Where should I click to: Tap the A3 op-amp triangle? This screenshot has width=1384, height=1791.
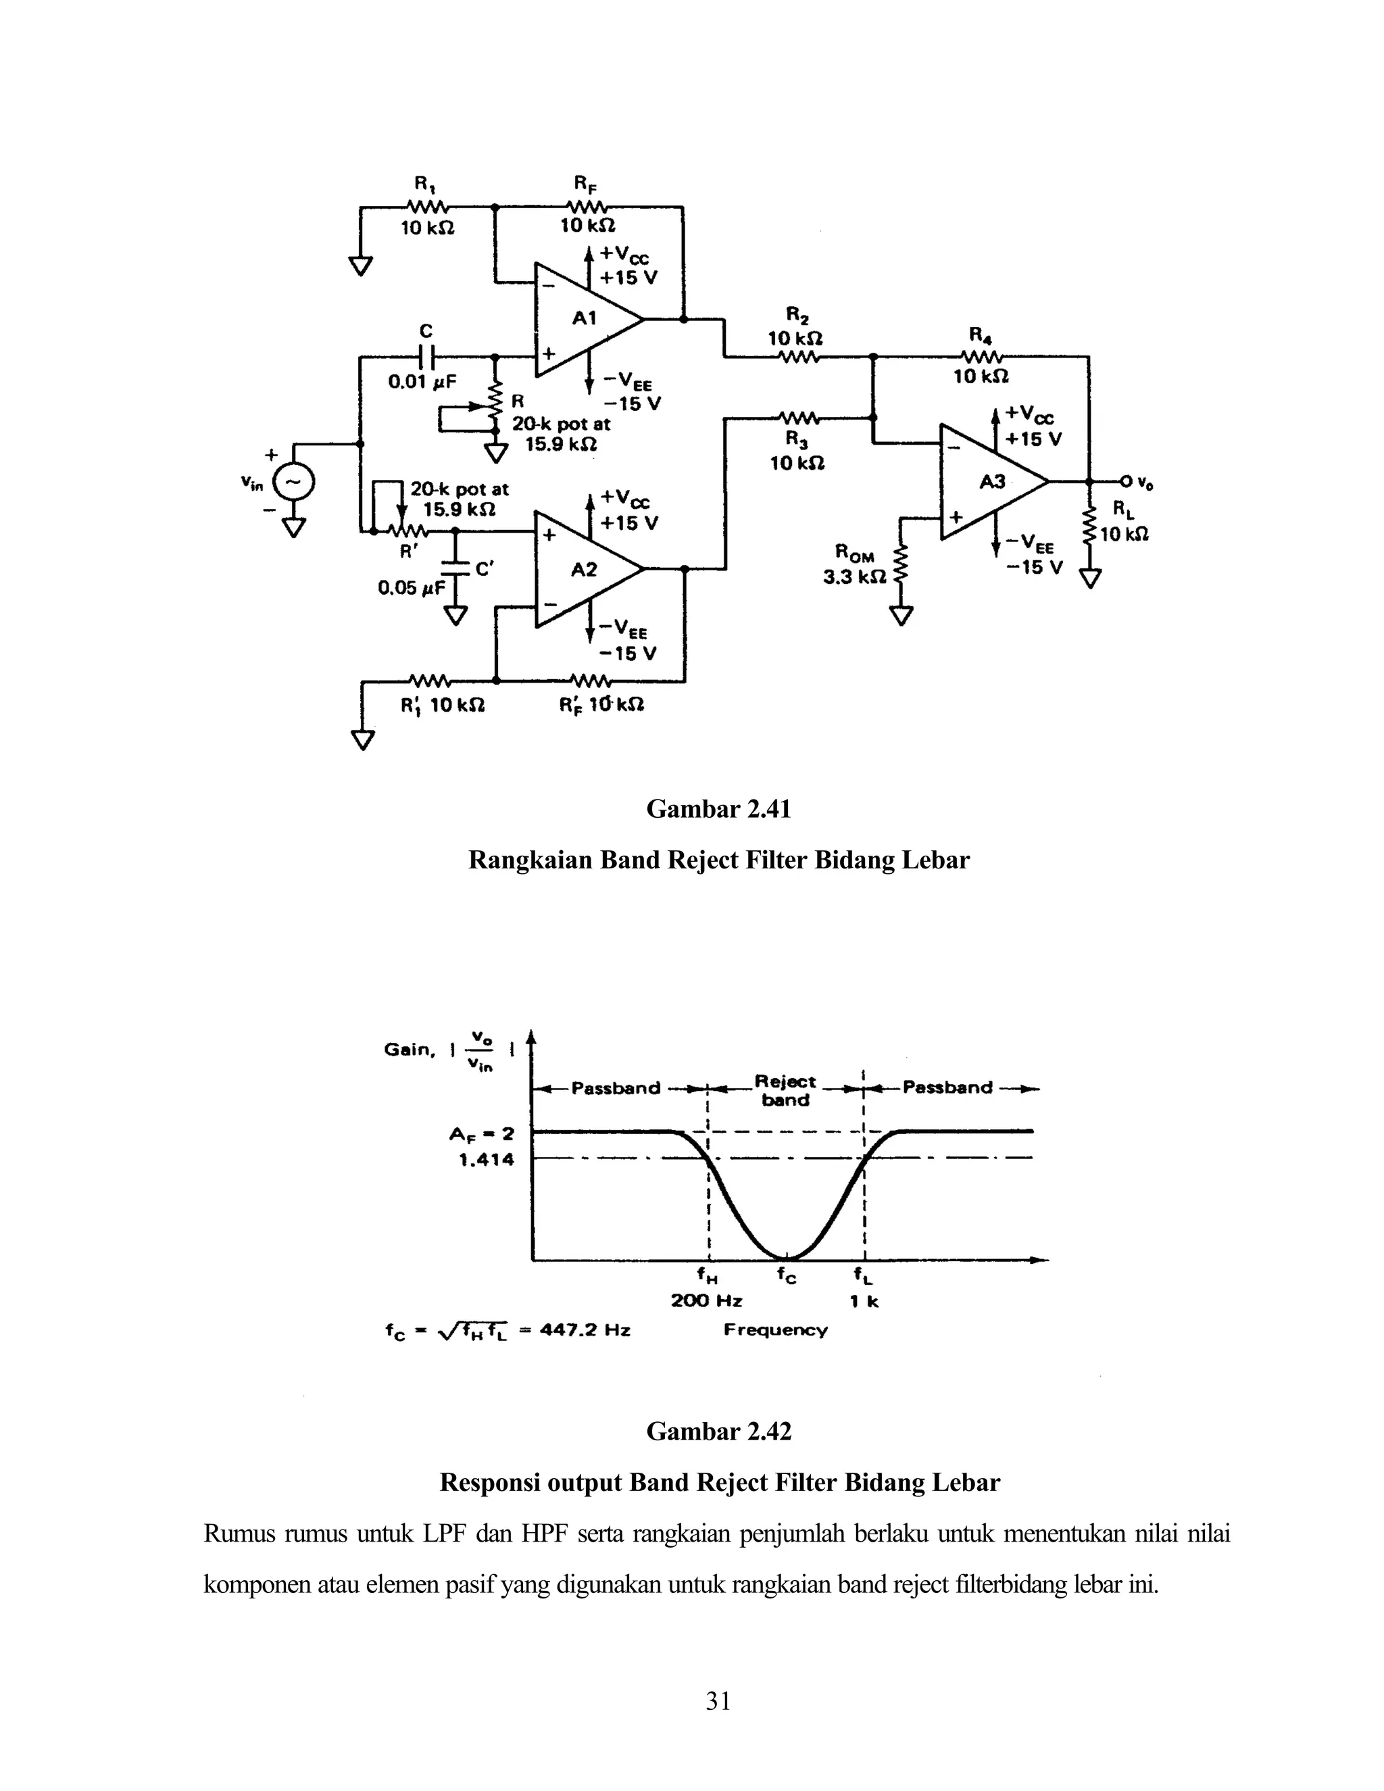tap(987, 481)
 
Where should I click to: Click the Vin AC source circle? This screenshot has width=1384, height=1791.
tap(293, 481)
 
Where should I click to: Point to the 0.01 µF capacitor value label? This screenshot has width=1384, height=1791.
tap(422, 382)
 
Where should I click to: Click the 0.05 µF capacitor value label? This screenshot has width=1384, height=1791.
tap(411, 587)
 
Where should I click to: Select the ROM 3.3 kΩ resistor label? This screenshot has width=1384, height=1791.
tap(854, 564)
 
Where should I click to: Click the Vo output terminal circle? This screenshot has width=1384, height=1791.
tap(1126, 481)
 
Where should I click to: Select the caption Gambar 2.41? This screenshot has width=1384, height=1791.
tap(718, 810)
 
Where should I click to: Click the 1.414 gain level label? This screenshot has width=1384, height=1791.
tap(486, 1160)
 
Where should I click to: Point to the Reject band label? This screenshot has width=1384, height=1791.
tap(785, 1091)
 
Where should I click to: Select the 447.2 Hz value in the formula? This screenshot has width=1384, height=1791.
tap(585, 1331)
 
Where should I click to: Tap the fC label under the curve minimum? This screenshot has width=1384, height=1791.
tap(787, 1277)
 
